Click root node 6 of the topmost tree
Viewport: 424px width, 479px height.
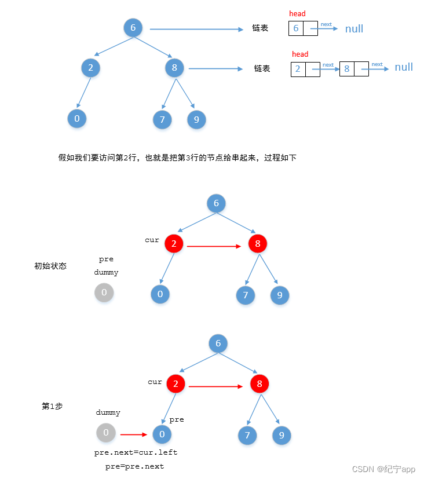(x=133, y=28)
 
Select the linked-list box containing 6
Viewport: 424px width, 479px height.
(x=296, y=28)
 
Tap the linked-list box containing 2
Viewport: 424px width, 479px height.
(x=298, y=69)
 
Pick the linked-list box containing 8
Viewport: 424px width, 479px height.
(x=347, y=69)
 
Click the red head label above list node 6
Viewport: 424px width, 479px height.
(x=297, y=13)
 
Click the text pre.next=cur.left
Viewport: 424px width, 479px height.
(x=136, y=452)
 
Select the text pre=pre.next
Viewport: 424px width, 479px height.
(x=134, y=466)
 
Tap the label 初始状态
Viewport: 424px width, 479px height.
(x=50, y=266)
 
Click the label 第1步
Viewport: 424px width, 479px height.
(x=52, y=407)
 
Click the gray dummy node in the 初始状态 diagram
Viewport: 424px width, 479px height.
(x=104, y=292)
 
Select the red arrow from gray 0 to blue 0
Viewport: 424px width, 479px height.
(x=133, y=433)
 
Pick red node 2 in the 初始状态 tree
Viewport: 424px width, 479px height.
(x=174, y=244)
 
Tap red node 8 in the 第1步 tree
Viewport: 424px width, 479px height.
(x=259, y=383)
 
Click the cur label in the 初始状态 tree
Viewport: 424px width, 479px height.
(x=152, y=240)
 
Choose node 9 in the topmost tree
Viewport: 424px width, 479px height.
(x=196, y=120)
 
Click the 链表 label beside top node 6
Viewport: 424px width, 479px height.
(x=260, y=28)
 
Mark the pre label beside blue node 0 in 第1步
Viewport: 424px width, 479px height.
(x=177, y=419)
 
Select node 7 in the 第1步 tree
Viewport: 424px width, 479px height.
(x=247, y=436)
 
